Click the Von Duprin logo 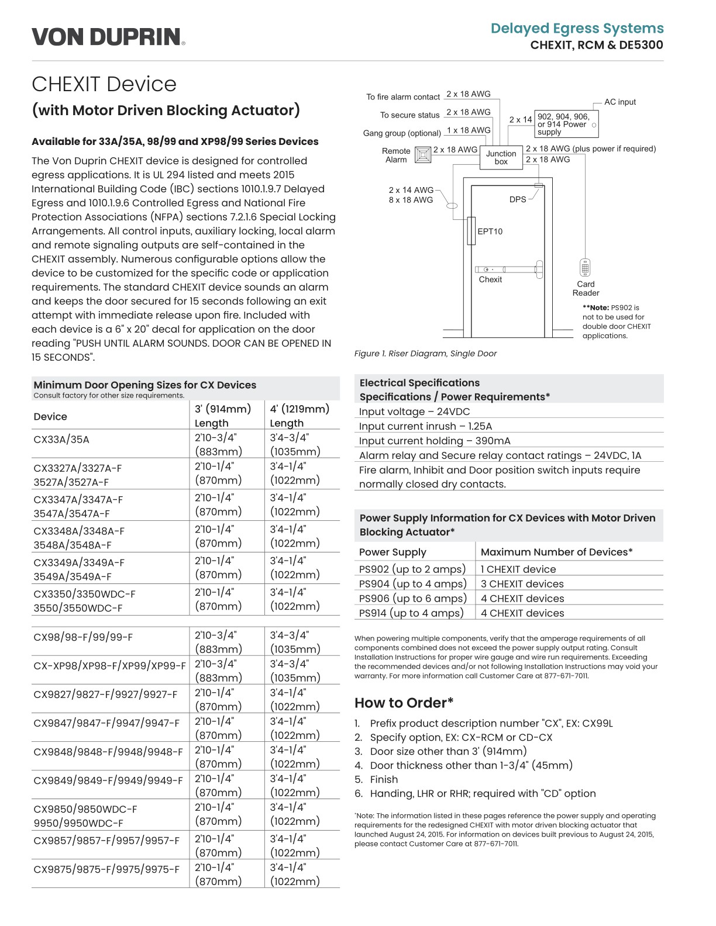pyautogui.click(x=108, y=37)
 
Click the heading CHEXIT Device pyautogui.click(x=104, y=84)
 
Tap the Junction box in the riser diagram pyautogui.click(x=501, y=157)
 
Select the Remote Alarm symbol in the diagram pyautogui.click(x=422, y=155)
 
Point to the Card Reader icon pyautogui.click(x=585, y=268)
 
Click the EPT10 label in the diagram pyautogui.click(x=490, y=231)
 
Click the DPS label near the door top pyautogui.click(x=517, y=199)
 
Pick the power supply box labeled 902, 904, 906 pyautogui.click(x=566, y=124)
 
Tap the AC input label pyautogui.click(x=619, y=102)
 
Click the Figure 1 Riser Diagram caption pyautogui.click(x=425, y=354)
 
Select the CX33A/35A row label pyautogui.click(x=61, y=439)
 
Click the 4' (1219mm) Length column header pyautogui.click(x=300, y=416)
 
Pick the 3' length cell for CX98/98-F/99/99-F pyautogui.click(x=218, y=642)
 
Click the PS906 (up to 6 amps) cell pyautogui.click(x=413, y=598)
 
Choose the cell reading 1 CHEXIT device pyautogui.click(x=518, y=569)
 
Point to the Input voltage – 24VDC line pyautogui.click(x=414, y=412)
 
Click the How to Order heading pyautogui.click(x=404, y=703)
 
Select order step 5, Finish pyautogui.click(x=384, y=779)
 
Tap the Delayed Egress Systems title pyautogui.click(x=577, y=28)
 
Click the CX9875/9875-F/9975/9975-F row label pyautogui.click(x=106, y=869)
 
